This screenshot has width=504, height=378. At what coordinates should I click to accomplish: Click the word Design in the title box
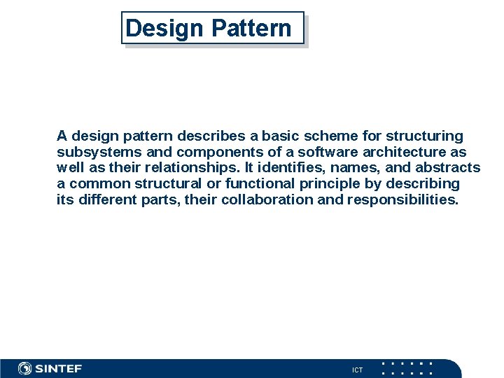164,29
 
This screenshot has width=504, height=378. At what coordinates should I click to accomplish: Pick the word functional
262,184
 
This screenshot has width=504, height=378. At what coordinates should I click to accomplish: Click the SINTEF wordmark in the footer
59,369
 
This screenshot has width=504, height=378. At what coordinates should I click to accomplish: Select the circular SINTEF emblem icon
25,369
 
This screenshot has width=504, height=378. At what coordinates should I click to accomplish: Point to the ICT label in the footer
357,370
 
